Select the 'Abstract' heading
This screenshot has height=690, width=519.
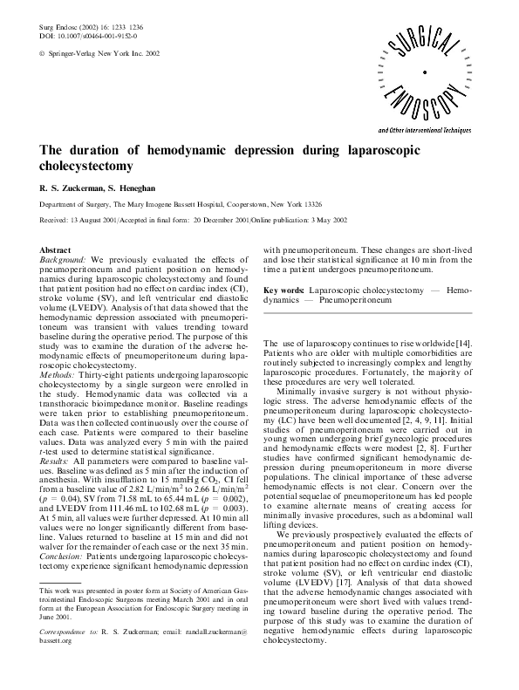tap(56, 250)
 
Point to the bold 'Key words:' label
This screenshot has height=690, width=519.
tap(283, 289)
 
